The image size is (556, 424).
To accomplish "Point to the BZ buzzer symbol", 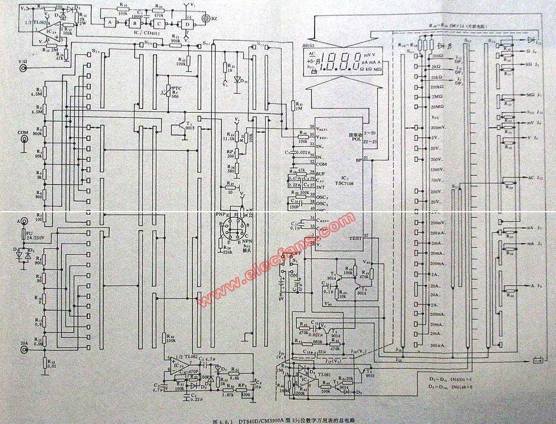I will click(x=205, y=18).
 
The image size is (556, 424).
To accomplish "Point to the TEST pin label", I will click(x=355, y=238).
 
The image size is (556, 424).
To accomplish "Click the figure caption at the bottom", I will click(x=277, y=420).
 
